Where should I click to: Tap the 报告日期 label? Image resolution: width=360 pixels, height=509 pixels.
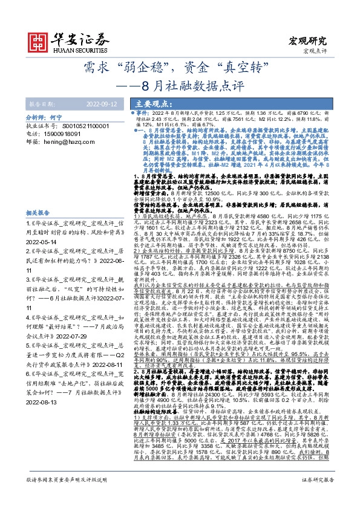pos(42,103)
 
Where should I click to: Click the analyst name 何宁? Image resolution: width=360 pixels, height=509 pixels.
pos(57,115)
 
